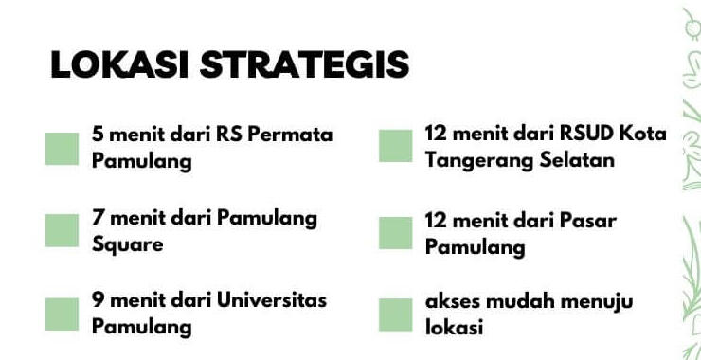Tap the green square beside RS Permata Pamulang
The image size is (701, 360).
[x=62, y=148]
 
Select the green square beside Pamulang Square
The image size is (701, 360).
[x=62, y=230]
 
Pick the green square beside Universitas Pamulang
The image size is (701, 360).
[x=62, y=314]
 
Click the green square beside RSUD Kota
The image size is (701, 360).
[x=396, y=146]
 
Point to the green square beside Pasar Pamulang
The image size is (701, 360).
[x=396, y=233]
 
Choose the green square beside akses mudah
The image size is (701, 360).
[x=396, y=315]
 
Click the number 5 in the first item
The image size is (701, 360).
[x=98, y=135]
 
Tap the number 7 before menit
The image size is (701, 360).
[x=98, y=218]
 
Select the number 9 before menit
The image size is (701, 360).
[x=98, y=300]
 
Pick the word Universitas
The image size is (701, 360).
[x=272, y=300]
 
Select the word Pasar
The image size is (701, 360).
[x=592, y=221]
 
